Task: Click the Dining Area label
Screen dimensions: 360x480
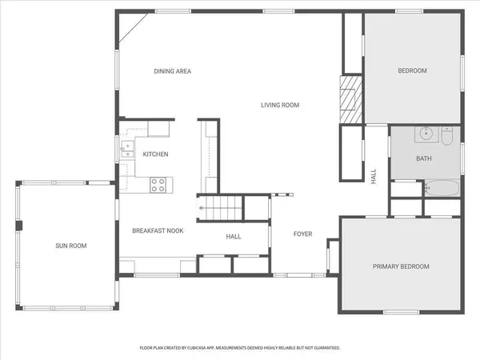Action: tap(172, 71)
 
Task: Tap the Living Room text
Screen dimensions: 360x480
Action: tap(279, 105)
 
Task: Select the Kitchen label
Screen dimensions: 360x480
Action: tap(155, 154)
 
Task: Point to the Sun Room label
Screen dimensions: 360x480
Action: tap(70, 246)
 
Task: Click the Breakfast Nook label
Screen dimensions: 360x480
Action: tap(158, 230)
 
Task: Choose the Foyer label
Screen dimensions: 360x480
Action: tap(302, 234)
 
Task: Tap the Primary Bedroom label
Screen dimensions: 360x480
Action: tap(401, 266)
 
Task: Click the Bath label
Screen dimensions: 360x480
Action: tap(424, 158)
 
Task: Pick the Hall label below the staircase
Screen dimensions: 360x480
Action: tap(234, 236)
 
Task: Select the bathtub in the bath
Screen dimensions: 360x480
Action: tap(439, 189)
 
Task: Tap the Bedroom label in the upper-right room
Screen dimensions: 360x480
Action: tap(413, 70)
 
